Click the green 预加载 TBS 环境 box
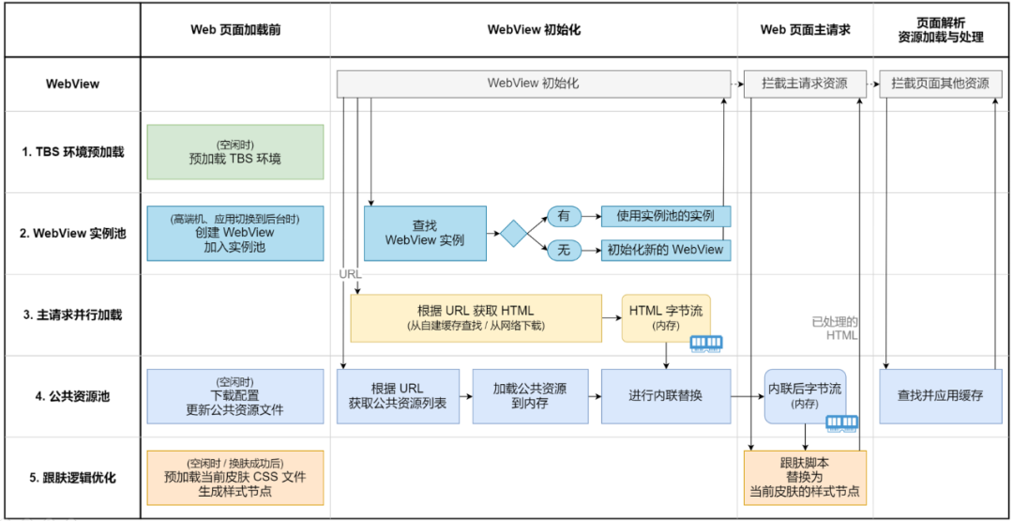click(x=234, y=152)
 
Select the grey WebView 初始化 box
click(x=533, y=84)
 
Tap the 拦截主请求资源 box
click(x=805, y=84)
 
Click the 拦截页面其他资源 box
click(x=941, y=84)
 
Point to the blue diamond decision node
click(x=514, y=233)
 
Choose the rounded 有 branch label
click(x=564, y=216)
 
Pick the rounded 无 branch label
click(x=564, y=250)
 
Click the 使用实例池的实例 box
click(x=665, y=216)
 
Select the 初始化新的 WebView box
click(x=665, y=250)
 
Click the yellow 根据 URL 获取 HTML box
click(x=476, y=318)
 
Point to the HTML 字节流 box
click(x=665, y=318)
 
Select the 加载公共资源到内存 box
click(x=530, y=395)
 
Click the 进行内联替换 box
click(x=665, y=395)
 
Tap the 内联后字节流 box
click(x=804, y=395)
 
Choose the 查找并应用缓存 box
click(x=940, y=395)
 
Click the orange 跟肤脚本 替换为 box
click(x=805, y=477)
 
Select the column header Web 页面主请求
click(x=805, y=30)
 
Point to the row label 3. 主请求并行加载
click(x=72, y=315)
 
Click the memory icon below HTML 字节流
click(x=706, y=344)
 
